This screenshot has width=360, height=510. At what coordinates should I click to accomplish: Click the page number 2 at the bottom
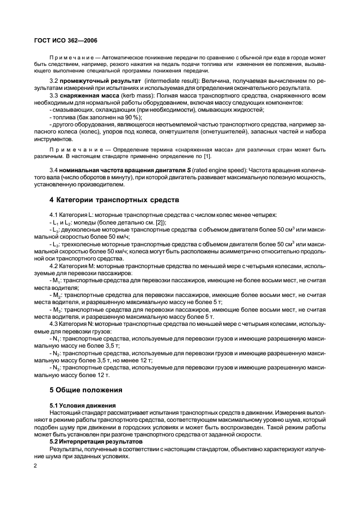(x=35, y=466)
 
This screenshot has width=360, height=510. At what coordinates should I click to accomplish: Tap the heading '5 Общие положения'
(x=86, y=390)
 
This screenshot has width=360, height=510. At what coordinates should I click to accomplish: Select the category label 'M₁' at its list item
(x=56, y=280)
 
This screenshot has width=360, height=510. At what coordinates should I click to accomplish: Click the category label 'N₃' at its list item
(x=56, y=368)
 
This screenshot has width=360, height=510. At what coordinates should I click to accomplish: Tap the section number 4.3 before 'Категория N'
(x=54, y=324)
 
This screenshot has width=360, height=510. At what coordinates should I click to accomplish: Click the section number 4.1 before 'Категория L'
(x=54, y=215)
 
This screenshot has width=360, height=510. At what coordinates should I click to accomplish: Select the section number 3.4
(x=54, y=170)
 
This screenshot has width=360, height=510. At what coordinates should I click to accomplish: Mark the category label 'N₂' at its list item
(x=56, y=353)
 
